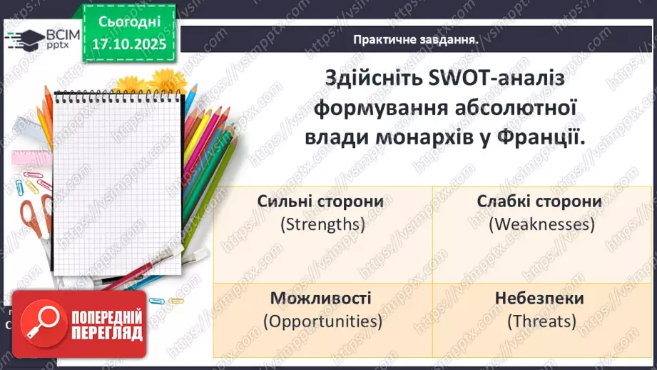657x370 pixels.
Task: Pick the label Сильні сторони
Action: [320, 201]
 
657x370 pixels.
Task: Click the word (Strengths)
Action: [322, 224]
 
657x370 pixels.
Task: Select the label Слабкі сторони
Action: [539, 201]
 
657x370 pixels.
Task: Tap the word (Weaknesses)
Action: [541, 224]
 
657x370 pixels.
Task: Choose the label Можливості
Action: [320, 298]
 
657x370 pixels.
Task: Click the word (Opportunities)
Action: [322, 321]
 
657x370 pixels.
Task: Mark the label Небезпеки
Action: [541, 298]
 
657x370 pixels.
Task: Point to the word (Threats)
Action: [541, 321]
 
